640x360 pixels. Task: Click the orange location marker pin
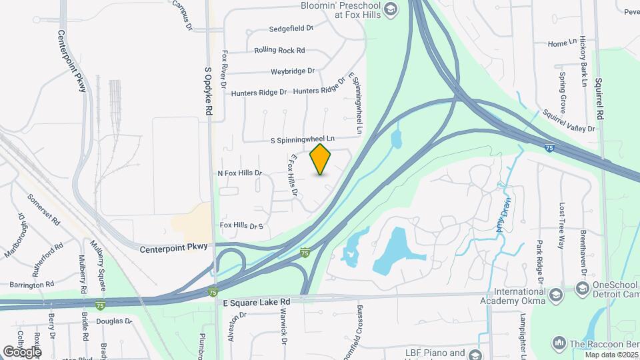321,159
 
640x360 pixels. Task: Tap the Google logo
21,351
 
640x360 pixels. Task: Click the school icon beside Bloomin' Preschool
390,9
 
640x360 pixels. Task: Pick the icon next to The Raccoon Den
559,343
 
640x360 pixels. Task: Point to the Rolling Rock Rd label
279,50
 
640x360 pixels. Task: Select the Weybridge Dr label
292,71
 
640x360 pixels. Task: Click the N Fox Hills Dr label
240,173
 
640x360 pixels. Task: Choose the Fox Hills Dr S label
241,226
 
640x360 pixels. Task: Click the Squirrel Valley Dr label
568,121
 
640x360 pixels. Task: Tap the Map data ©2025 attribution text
611,354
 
